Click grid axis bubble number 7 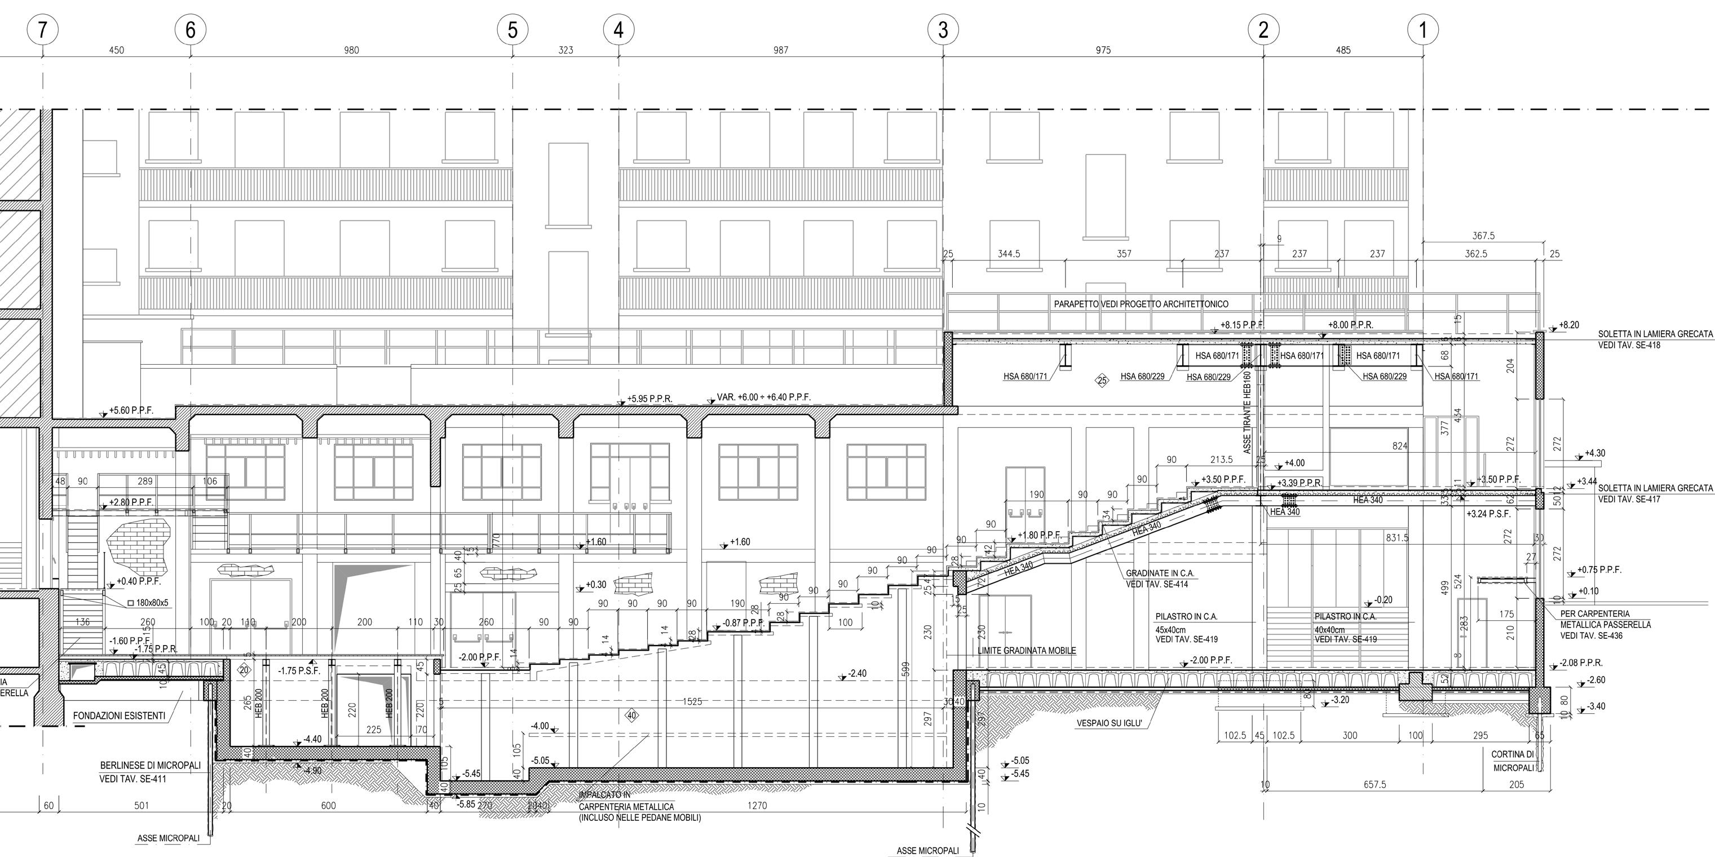[x=43, y=30]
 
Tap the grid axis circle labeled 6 [x=191, y=30]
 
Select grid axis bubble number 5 [x=512, y=30]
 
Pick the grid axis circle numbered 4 [x=618, y=30]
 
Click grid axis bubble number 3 [x=943, y=30]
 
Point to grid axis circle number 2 [x=1263, y=30]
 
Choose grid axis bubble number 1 [x=1423, y=30]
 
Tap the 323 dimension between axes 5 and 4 [x=565, y=50]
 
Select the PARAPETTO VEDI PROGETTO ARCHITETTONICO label [x=1141, y=304]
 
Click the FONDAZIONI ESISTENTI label [x=119, y=716]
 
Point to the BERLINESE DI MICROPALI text [x=150, y=766]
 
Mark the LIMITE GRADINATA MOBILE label [x=1027, y=651]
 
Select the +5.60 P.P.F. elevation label [x=131, y=411]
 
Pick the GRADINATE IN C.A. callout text [x=1160, y=573]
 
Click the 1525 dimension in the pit [x=692, y=702]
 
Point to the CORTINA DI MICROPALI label [x=1513, y=761]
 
